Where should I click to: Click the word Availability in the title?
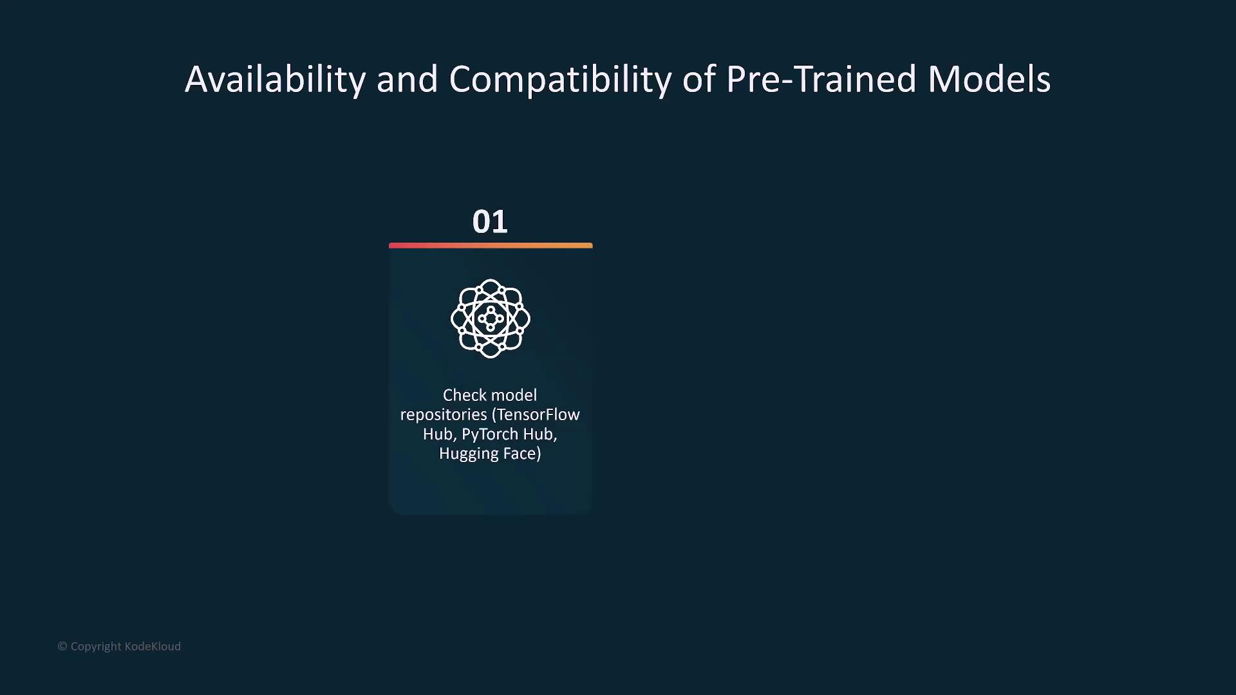(276, 80)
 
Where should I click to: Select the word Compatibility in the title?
(560, 80)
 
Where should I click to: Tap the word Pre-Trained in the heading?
(821, 79)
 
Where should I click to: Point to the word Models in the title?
(989, 79)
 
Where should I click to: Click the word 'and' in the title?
(407, 79)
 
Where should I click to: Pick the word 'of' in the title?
(698, 79)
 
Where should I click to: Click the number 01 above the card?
(490, 222)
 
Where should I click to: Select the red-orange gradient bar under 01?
(491, 245)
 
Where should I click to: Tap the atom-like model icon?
(491, 319)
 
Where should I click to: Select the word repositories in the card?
(444, 415)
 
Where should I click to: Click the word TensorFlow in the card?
(538, 415)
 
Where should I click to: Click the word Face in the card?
(522, 454)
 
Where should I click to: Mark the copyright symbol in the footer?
(62, 646)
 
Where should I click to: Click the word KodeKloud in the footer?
(153, 646)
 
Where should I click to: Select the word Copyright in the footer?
(96, 647)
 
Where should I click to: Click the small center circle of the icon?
(491, 319)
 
